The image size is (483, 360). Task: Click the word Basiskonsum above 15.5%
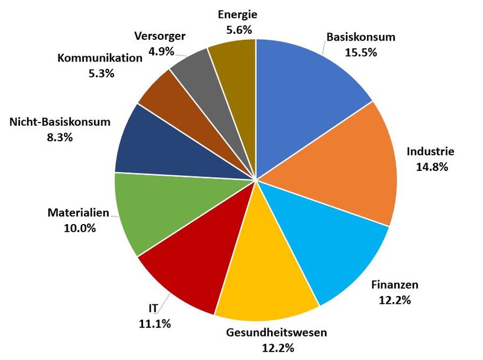pyautogui.click(x=361, y=37)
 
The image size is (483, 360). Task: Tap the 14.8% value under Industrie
pyautogui.click(x=430, y=167)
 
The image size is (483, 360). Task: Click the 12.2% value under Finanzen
pyautogui.click(x=395, y=300)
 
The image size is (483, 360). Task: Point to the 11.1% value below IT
pyautogui.click(x=155, y=324)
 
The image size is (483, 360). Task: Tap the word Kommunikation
pyautogui.click(x=100, y=58)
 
